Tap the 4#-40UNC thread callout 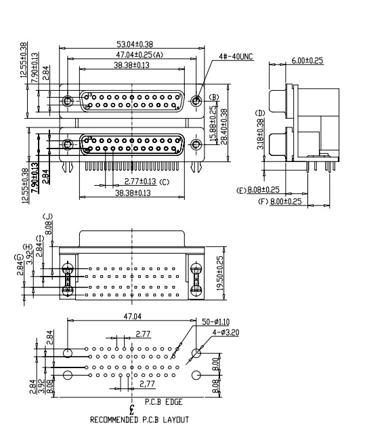point(236,58)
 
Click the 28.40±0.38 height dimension point(224,125)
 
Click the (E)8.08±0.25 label point(258,190)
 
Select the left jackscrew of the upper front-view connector point(67,102)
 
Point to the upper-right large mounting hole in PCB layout point(196,353)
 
